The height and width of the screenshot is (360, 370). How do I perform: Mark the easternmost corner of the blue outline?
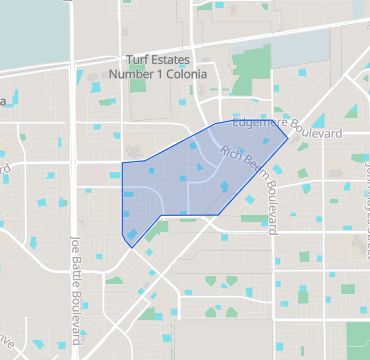pos(289,136)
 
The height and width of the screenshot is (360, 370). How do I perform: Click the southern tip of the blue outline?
pos(131,247)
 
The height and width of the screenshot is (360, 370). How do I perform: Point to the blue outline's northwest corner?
pos(122,162)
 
